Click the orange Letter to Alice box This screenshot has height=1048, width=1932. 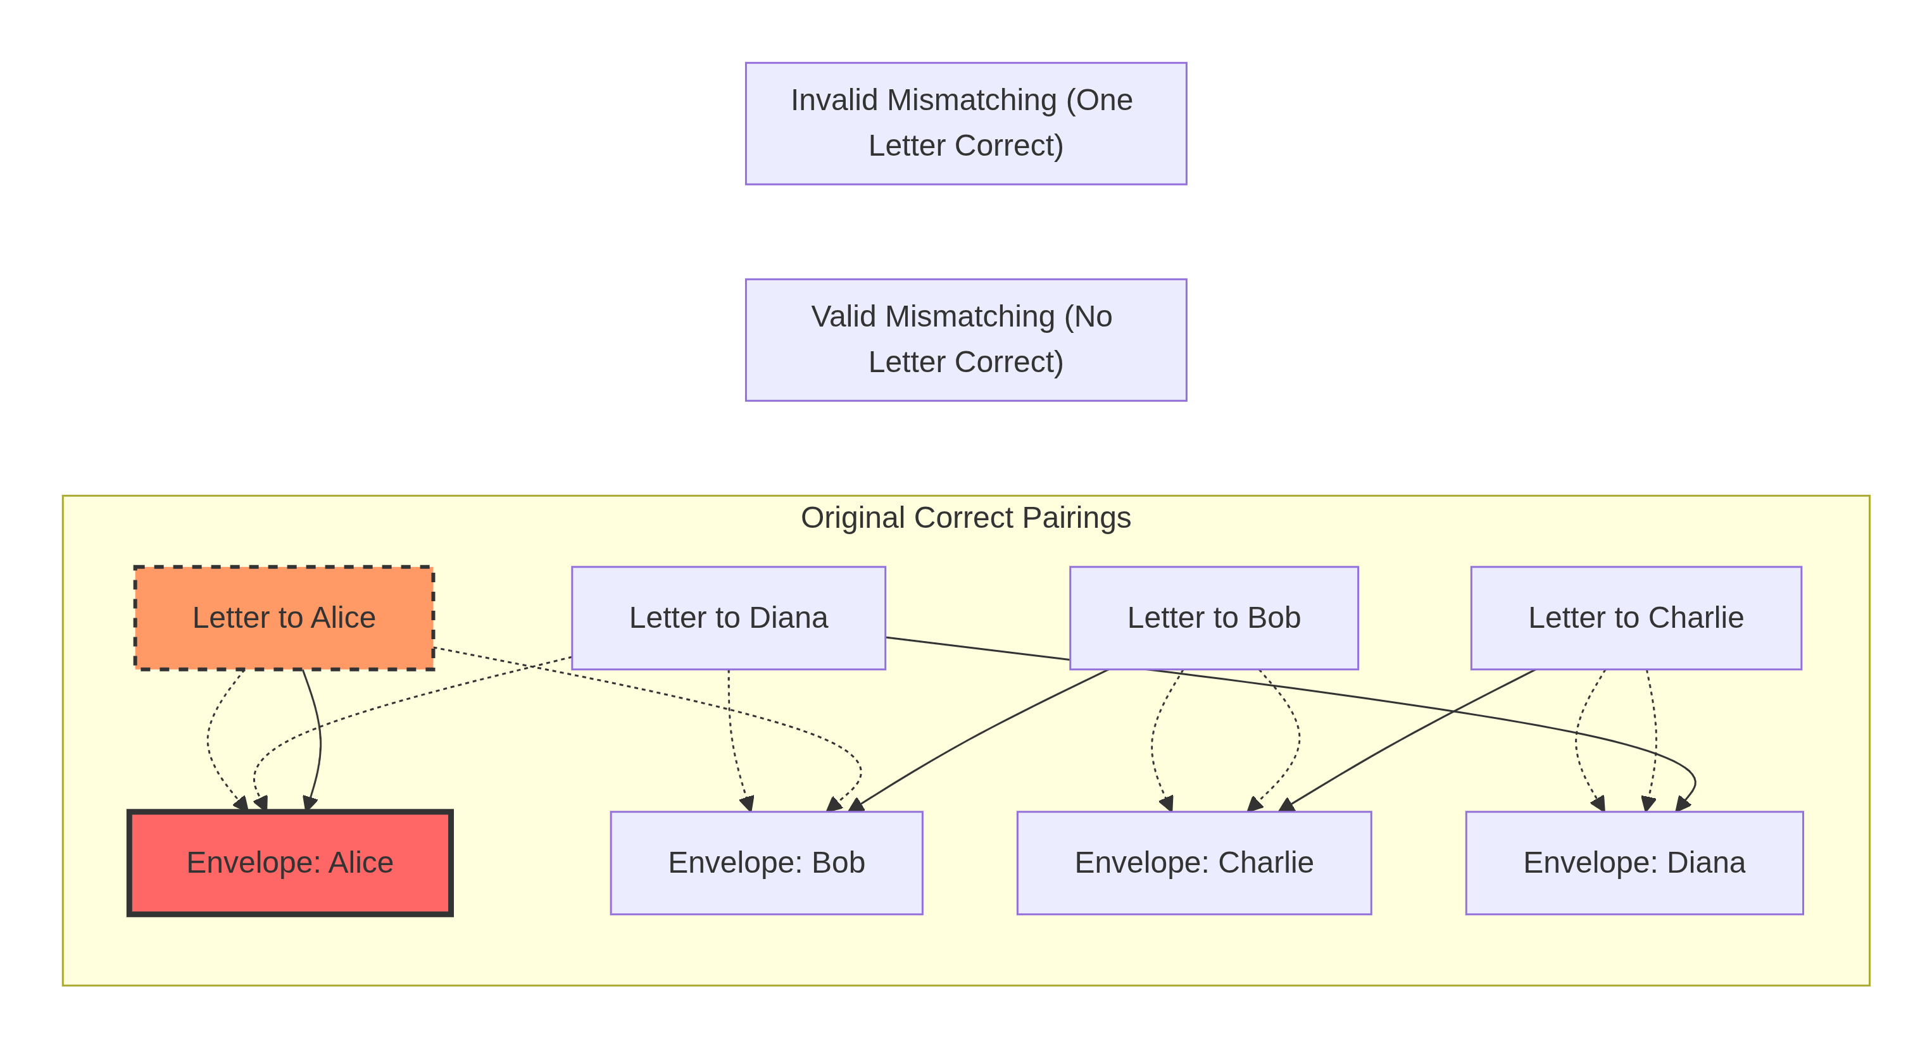284,618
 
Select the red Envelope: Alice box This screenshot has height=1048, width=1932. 289,863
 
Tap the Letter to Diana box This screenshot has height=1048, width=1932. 728,618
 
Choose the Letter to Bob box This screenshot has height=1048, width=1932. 1214,618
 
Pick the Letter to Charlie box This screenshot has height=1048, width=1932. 1636,618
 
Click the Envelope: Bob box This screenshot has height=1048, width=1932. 767,863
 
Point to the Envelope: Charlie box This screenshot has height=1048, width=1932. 1194,863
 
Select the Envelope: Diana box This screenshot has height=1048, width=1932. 1634,863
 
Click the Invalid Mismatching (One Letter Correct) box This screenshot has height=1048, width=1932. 965,123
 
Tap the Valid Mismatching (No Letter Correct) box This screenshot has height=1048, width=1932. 965,340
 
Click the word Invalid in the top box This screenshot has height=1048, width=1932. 833,101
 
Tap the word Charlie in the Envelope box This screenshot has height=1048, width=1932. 1265,863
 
